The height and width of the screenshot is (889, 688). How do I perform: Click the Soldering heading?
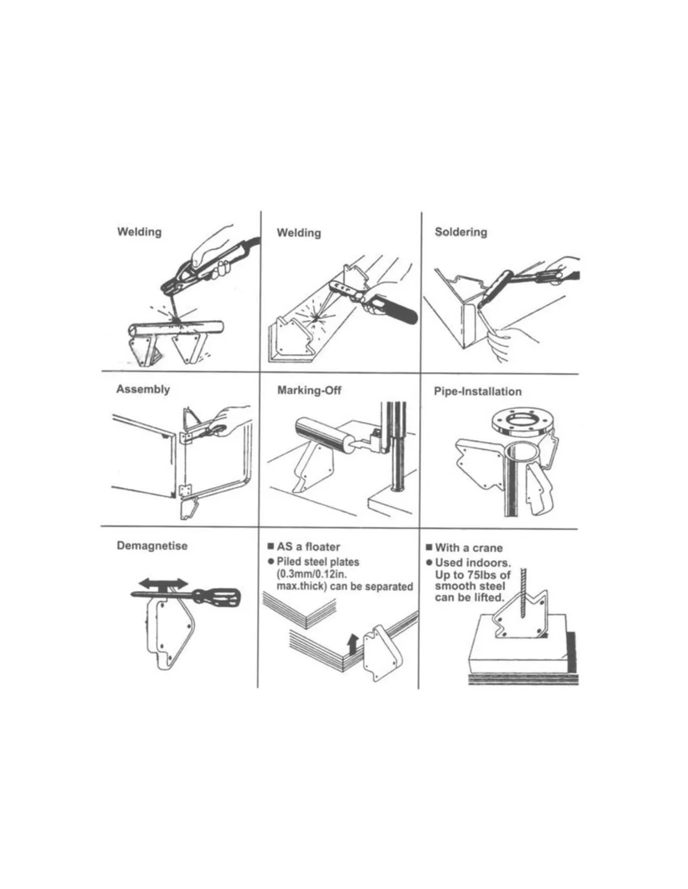point(461,233)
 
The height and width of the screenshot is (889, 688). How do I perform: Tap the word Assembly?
point(143,389)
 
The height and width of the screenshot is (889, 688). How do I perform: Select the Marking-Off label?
point(310,390)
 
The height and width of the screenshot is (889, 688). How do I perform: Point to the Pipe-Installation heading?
point(478,391)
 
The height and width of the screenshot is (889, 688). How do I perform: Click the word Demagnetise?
point(152,546)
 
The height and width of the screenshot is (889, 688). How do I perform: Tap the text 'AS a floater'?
point(308,547)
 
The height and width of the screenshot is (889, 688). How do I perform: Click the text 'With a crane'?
point(468,548)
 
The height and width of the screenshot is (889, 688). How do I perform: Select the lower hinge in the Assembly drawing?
point(185,491)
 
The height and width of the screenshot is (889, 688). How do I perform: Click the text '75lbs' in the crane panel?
point(482,575)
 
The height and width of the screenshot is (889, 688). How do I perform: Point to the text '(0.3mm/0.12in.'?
point(312,574)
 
